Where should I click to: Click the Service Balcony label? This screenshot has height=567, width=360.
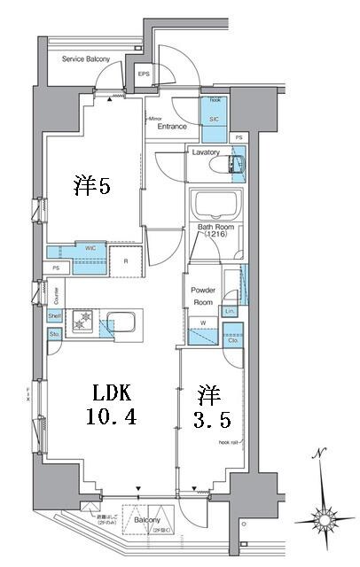coord(86,60)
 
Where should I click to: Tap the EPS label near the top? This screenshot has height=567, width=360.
coord(144,74)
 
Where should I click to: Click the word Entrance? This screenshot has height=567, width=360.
coord(172,127)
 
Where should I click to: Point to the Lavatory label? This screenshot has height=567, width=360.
coord(206,152)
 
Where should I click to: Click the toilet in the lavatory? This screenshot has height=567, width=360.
coord(237,164)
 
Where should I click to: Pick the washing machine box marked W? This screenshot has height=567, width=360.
coord(203,322)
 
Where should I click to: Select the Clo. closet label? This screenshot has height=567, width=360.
coord(232,339)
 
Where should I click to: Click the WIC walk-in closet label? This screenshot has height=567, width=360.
coord(90,249)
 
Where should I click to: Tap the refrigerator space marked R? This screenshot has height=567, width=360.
coord(126,261)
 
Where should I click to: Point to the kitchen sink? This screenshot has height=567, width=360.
coord(121,320)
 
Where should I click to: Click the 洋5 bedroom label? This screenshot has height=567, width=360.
coord(90,186)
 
